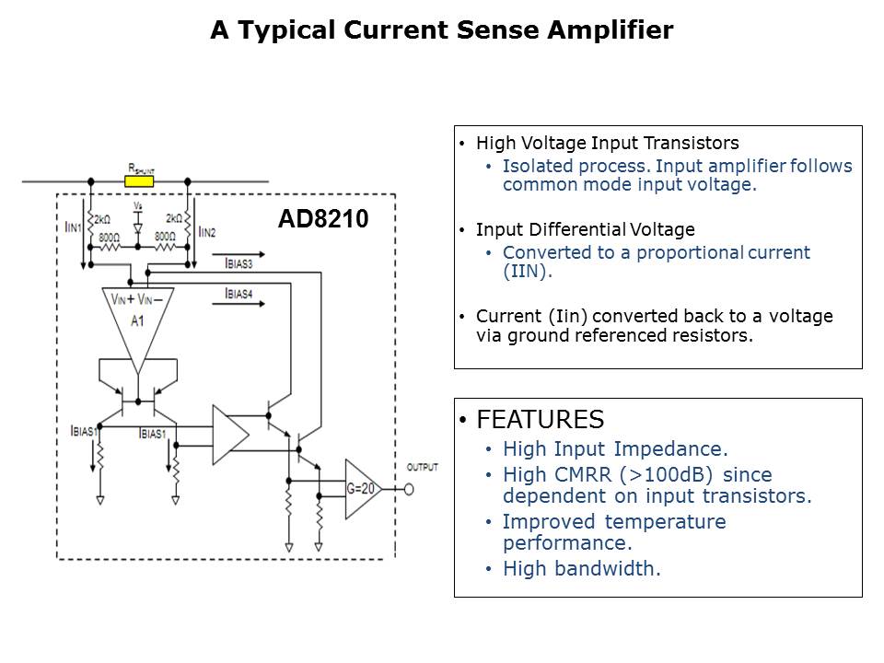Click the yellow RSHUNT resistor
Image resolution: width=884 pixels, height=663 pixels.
point(140,181)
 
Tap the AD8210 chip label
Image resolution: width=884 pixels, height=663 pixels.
point(323,220)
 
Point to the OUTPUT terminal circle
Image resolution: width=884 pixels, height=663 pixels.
point(409,489)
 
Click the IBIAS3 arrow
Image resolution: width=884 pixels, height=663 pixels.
point(245,255)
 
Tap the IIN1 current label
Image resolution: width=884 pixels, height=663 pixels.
point(74,227)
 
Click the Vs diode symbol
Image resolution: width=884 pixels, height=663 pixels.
point(137,226)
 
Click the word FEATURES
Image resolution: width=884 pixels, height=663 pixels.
point(540,420)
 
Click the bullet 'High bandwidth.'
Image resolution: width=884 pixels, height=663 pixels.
point(581,568)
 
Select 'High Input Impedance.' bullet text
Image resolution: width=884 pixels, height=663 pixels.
point(614,449)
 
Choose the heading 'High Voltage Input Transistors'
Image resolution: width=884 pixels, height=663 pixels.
point(607,143)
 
